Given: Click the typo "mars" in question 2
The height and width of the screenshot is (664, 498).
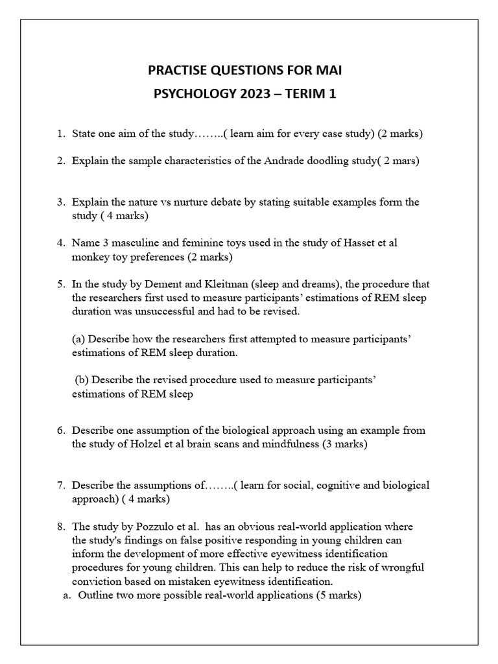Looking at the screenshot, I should click(406, 161).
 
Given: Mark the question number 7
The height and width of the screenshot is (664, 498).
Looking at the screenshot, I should click(60, 485).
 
